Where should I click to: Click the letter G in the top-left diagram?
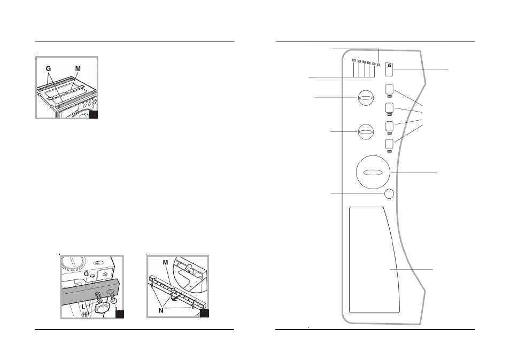click(48, 68)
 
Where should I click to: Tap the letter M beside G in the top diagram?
click(78, 68)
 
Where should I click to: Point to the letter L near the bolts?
click(83, 307)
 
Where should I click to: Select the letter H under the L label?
click(84, 314)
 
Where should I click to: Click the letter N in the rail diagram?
click(161, 311)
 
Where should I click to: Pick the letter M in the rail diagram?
click(165, 262)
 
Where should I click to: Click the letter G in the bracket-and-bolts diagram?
click(86, 274)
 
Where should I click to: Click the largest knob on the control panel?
click(373, 172)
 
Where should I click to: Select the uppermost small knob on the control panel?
click(366, 98)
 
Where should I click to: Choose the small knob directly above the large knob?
click(366, 131)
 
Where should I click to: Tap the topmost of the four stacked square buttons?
click(389, 89)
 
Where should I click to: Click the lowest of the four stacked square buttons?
click(389, 144)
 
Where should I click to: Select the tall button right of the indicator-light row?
click(389, 69)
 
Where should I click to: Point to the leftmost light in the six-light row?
click(354, 60)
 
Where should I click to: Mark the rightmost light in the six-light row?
click(379, 65)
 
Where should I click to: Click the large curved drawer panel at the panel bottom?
click(374, 260)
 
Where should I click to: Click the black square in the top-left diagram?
click(94, 114)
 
